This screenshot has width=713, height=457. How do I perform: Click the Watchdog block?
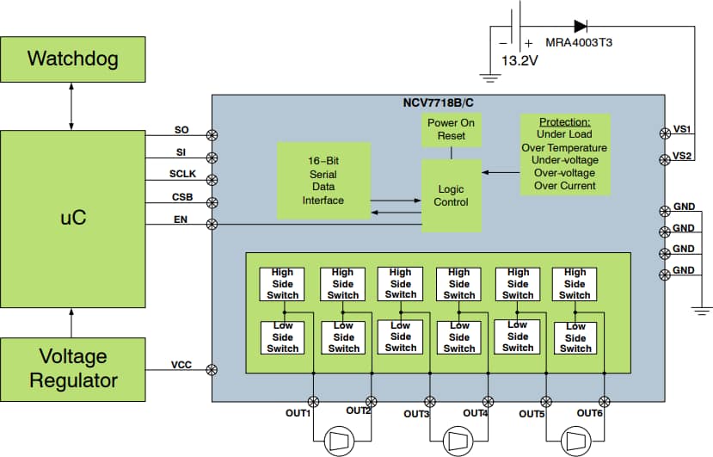tap(73, 59)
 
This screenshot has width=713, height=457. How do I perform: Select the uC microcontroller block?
tap(73, 219)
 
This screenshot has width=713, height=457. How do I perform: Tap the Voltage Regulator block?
tap(73, 369)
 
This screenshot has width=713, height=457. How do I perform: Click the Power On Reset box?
tap(451, 130)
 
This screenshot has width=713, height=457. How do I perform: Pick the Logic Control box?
tap(451, 195)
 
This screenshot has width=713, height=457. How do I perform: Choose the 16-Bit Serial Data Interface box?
tap(323, 181)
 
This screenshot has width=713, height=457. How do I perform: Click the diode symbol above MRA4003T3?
tap(581, 27)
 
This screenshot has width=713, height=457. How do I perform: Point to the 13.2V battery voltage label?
tap(519, 60)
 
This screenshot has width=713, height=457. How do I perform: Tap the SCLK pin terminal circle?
tap(212, 180)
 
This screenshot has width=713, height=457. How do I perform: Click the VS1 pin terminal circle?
tap(665, 133)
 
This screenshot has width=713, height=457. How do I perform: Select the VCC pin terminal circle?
tap(212, 370)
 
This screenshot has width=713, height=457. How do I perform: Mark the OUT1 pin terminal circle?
tap(313, 402)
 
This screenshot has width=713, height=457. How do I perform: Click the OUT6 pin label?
tap(589, 413)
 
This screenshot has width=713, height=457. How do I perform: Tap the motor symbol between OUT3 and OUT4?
tap(458, 441)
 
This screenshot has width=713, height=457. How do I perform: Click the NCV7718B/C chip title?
tap(439, 103)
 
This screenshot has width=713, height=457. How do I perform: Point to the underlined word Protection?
tap(565, 122)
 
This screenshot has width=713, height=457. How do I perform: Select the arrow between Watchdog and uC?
tap(71, 107)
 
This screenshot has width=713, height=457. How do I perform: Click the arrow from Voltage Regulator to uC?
tap(71, 324)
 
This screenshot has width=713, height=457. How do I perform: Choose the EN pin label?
tap(181, 219)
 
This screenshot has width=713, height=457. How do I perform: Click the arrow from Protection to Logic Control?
tap(501, 172)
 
